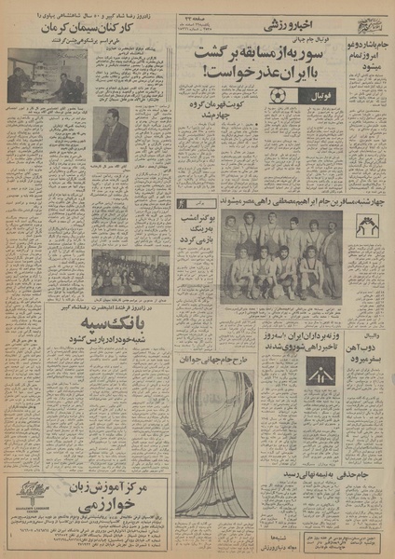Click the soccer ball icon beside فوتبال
click(278, 97)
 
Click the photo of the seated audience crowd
click(129, 269)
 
